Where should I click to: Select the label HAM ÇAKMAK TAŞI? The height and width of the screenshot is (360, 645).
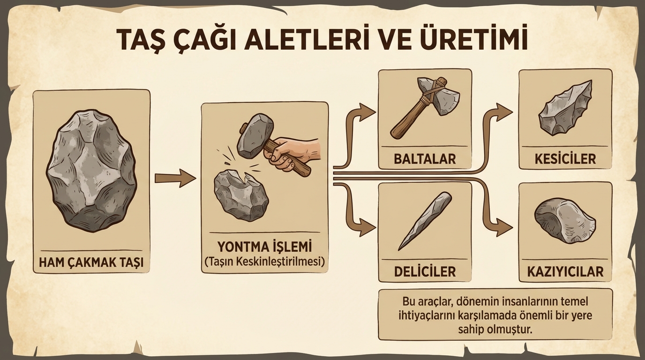91,262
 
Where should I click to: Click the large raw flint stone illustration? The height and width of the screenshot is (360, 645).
91,172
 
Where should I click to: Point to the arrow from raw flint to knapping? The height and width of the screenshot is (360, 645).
175,178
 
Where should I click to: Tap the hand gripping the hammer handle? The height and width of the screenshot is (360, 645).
294,154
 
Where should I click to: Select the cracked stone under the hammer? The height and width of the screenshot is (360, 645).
241,195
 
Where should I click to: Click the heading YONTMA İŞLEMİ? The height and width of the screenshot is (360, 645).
264,247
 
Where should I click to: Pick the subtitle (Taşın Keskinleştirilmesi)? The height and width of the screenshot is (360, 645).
264,262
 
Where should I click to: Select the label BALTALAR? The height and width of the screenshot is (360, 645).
425,159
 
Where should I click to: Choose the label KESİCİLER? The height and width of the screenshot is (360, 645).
565,159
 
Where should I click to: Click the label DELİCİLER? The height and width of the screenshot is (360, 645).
425,271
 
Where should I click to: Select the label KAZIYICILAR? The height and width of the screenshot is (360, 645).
565,271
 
